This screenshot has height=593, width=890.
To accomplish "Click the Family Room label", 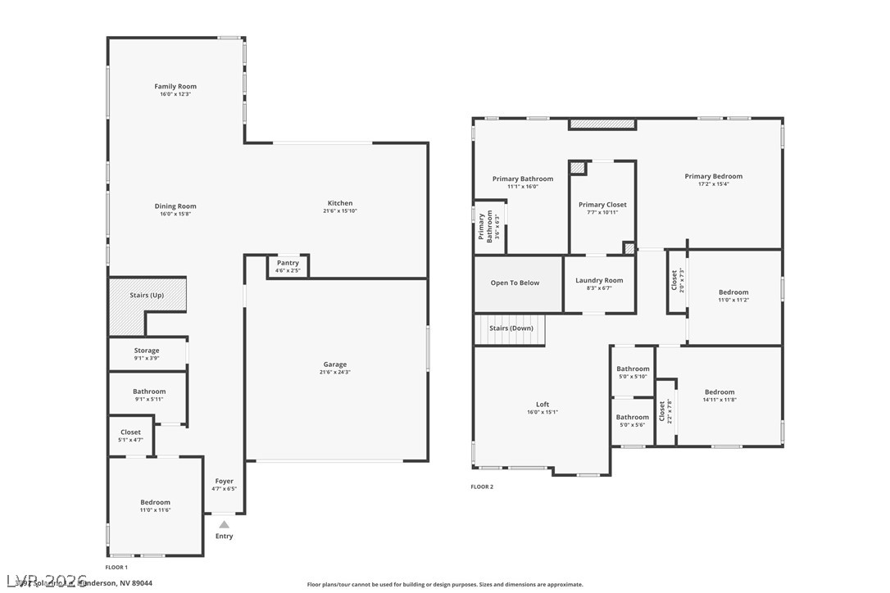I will pos(175,86).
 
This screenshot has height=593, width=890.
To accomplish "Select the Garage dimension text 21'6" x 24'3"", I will pos(334,372).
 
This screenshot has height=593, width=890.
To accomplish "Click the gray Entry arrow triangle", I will pos(224,524).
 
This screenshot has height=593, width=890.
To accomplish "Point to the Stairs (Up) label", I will pos(147,295).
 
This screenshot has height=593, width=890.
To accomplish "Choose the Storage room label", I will pos(147,351).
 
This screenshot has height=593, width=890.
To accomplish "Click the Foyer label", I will pos(224,481).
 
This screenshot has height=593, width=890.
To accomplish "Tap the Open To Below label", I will pos(515,283).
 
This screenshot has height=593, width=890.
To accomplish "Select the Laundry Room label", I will pos(599,280).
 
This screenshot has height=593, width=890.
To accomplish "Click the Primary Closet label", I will pos(602,205).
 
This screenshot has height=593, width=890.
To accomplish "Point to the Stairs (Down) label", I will pos(511,328).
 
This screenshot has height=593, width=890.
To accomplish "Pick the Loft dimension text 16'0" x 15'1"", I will pos(543,412).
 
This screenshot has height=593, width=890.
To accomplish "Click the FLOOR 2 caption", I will pos(482,487).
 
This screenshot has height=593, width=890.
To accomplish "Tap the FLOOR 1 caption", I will pos(116,567).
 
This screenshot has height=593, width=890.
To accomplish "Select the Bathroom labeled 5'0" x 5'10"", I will pos(633,369).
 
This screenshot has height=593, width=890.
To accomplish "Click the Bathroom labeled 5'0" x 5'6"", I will pos(633,417).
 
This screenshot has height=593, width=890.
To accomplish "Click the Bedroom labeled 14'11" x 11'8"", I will pos(720,392).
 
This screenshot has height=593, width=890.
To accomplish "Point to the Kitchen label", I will pos(340,203).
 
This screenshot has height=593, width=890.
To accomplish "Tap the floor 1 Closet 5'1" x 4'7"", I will pos(130,432).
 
